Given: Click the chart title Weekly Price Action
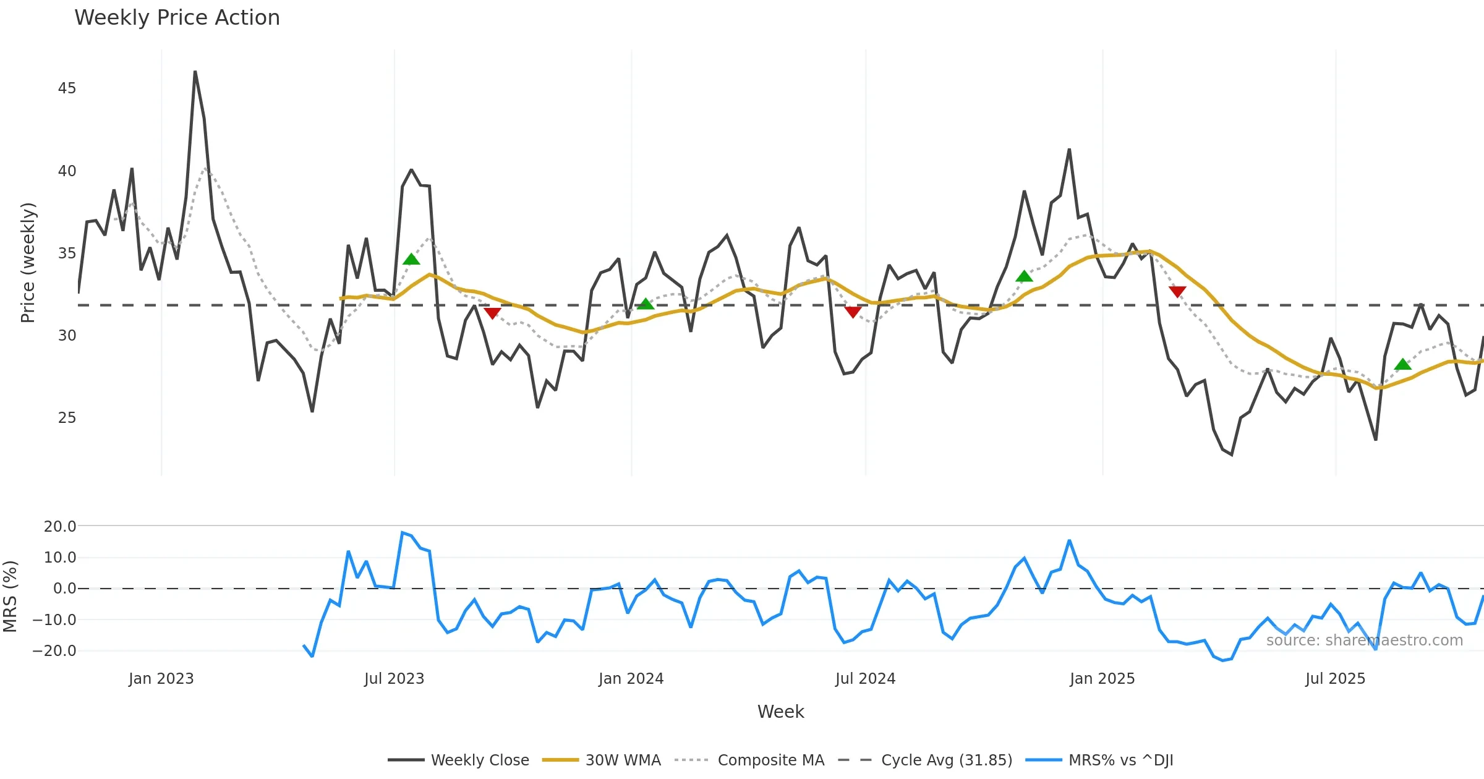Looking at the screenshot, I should click(x=177, y=18).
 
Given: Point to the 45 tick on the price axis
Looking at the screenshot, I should click(x=67, y=88).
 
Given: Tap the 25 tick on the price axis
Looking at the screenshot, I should click(x=67, y=418).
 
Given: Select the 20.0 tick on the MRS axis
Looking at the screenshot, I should click(x=60, y=527).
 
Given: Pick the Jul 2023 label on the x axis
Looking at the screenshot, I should click(x=394, y=679).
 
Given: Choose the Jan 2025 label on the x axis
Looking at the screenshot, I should click(x=1102, y=679).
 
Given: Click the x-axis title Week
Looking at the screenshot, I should click(x=780, y=712).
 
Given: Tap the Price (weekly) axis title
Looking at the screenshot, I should click(x=28, y=263).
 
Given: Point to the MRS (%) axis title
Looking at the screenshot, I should click(x=10, y=597).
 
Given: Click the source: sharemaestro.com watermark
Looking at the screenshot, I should click(x=1364, y=641).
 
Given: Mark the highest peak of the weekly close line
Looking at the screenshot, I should click(x=195, y=72).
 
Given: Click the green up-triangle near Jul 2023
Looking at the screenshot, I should click(x=411, y=260).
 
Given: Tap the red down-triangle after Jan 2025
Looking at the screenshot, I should click(x=1177, y=291).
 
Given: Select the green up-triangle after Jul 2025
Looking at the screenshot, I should click(x=1403, y=365).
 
